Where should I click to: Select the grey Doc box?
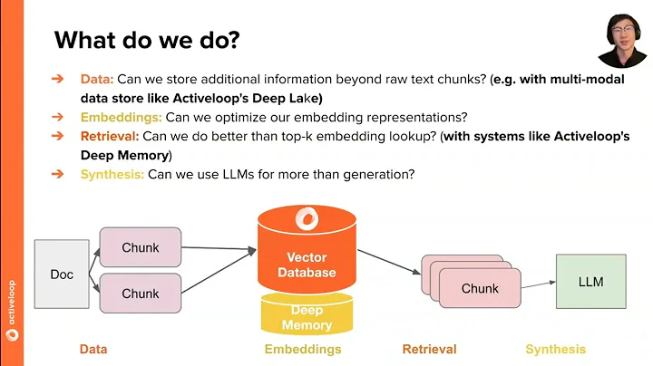pos(62,274)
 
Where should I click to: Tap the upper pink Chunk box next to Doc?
pos(141,247)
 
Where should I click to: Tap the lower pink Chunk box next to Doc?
pos(141,293)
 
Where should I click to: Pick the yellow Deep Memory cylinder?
pos(307,316)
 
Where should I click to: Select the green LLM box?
pos(590,282)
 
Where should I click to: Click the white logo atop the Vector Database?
pos(307,219)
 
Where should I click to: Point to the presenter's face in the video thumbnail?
pos(621,34)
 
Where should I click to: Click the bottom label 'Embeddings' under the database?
pos(303,349)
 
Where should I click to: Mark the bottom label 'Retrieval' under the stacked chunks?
pos(429,349)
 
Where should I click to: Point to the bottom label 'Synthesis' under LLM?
pos(555,349)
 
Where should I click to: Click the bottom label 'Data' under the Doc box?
pos(93,349)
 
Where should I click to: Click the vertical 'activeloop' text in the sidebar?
pos(12,290)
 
